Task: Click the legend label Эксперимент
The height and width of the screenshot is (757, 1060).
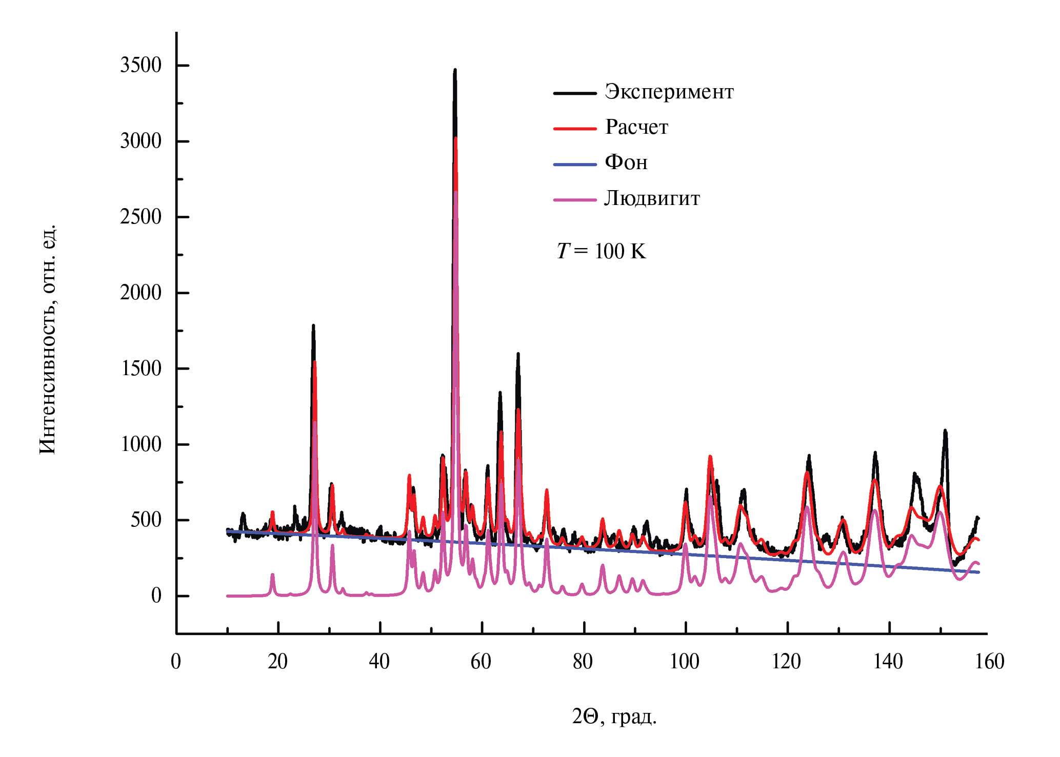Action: (x=669, y=92)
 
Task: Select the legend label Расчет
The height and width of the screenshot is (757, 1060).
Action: (x=636, y=128)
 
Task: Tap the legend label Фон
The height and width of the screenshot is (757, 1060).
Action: (x=626, y=163)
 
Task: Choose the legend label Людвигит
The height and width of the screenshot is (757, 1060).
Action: (x=652, y=198)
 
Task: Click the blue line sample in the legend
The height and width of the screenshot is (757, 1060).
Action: (x=575, y=165)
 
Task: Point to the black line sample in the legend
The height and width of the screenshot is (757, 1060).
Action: (x=575, y=93)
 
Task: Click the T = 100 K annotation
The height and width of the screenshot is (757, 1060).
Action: (x=602, y=251)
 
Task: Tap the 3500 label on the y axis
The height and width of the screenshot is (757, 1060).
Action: (x=141, y=66)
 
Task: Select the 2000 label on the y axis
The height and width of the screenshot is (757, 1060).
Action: (x=141, y=293)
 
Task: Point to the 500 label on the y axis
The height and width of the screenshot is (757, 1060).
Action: (x=146, y=520)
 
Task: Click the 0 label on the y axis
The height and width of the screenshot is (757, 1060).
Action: (x=156, y=596)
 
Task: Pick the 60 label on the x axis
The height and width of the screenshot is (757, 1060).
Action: (x=481, y=662)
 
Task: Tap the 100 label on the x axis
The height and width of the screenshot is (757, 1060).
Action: (x=685, y=662)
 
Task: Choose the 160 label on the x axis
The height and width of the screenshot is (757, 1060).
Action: (x=989, y=662)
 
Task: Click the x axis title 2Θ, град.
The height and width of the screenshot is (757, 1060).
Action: (x=614, y=717)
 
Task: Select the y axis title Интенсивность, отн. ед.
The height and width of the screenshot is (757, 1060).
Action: (x=48, y=338)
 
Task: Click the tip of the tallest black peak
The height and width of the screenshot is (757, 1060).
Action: (x=455, y=70)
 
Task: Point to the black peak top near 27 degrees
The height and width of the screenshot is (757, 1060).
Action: (x=313, y=325)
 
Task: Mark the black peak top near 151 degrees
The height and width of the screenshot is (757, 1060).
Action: (x=945, y=431)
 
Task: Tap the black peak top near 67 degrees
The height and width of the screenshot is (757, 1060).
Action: (x=518, y=354)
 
